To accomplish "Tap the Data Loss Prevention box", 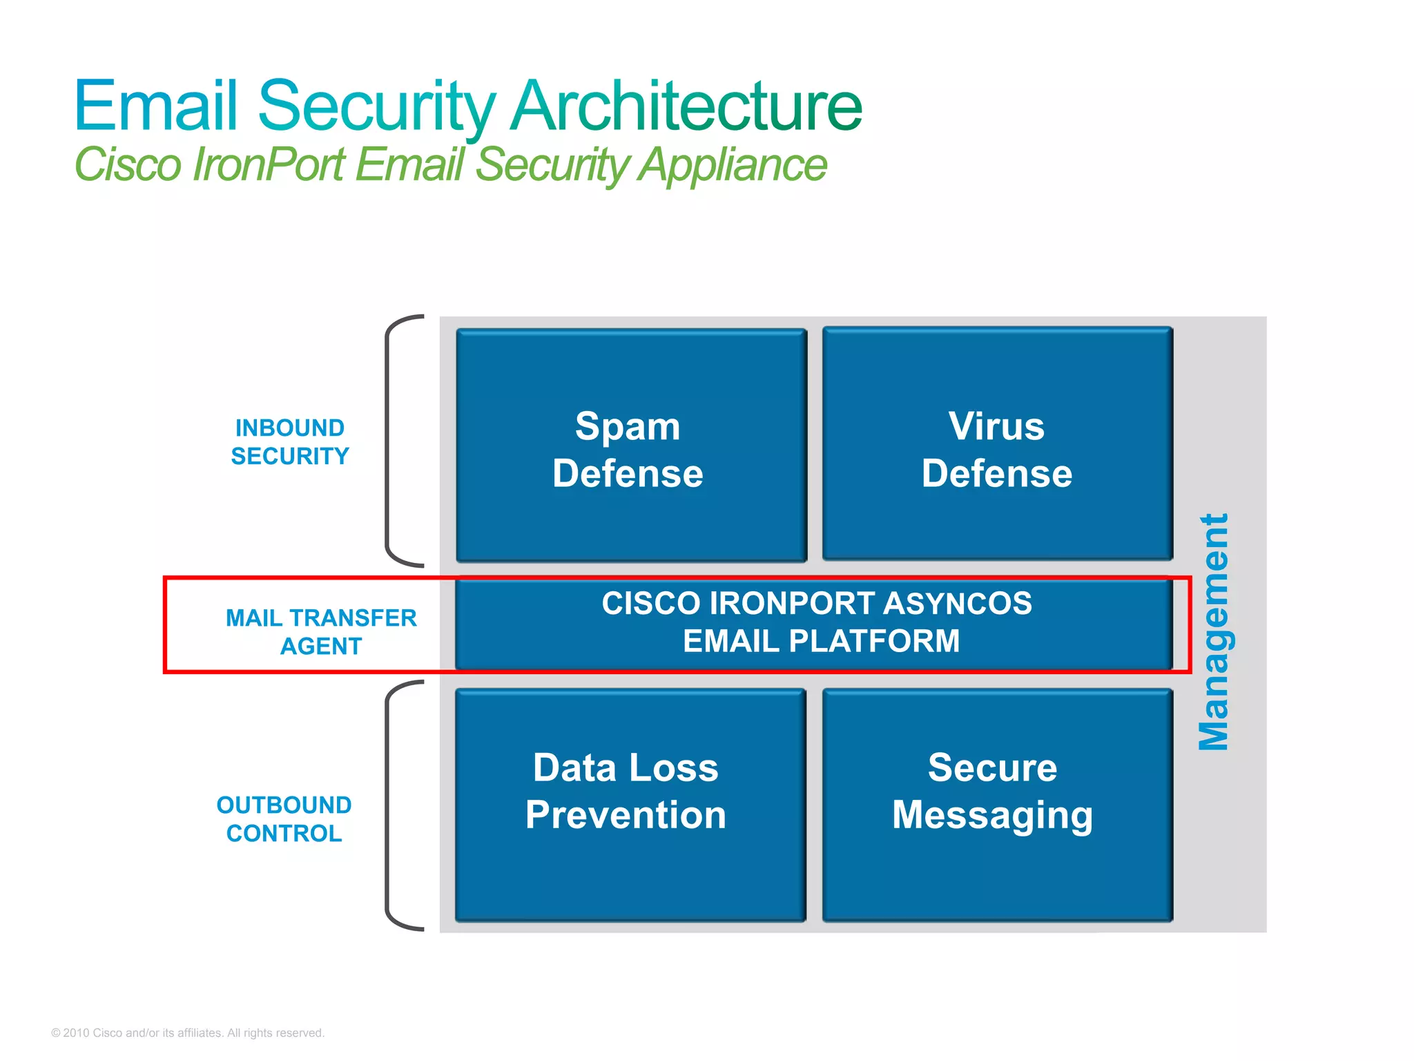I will pos(630,805).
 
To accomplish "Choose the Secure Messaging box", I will pos(997,805).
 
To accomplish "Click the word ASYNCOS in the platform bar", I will pos(957,603).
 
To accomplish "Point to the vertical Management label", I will pos(1213,631).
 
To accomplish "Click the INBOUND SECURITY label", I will pos(290,442).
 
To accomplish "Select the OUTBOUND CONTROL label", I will pos(284,819).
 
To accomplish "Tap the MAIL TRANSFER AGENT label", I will pos(321,631).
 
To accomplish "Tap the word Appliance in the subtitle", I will pos(732,166).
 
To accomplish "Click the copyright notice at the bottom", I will pos(188,1033).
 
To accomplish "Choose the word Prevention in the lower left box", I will pos(626,815).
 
